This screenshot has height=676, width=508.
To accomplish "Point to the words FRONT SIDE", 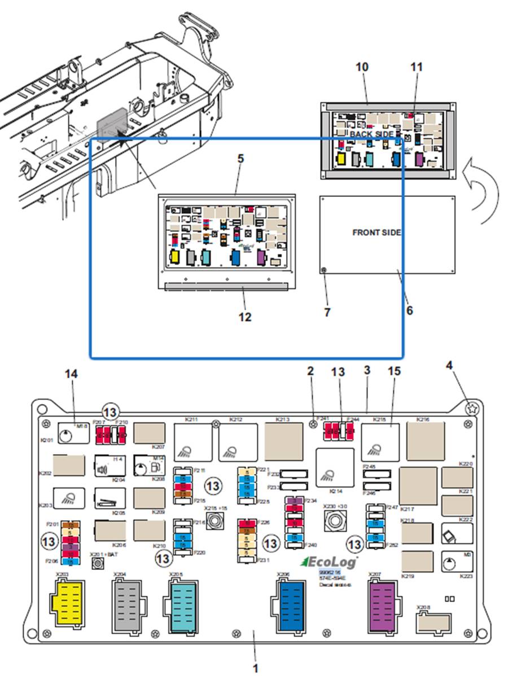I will pyautogui.click(x=377, y=232).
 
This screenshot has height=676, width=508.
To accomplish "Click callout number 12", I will pyautogui.click(x=244, y=317).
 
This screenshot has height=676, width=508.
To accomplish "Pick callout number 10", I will pyautogui.click(x=362, y=67).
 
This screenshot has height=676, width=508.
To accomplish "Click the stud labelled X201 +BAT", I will pyautogui.click(x=98, y=564).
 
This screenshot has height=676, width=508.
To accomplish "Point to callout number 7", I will pyautogui.click(x=327, y=311).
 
